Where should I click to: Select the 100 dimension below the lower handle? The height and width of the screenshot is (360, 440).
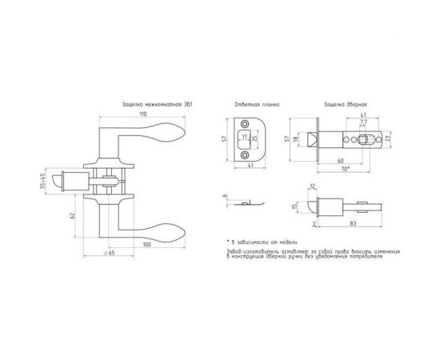pyautogui.click(x=147, y=243)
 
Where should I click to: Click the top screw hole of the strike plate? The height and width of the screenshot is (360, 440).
pyautogui.click(x=247, y=125)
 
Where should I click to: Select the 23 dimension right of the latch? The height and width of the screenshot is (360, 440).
pyautogui.click(x=387, y=141)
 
